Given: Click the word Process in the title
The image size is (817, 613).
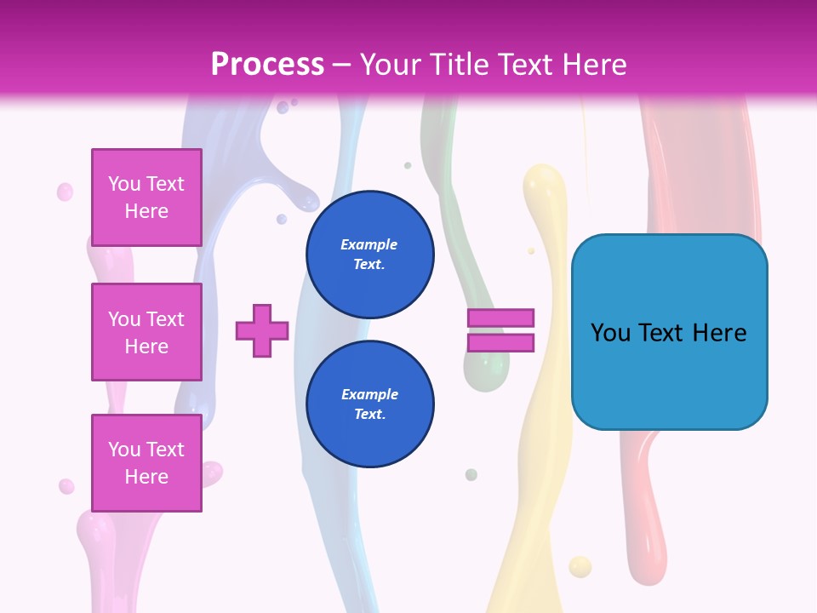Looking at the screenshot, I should [x=267, y=65].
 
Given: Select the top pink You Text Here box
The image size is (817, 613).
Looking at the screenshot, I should [x=146, y=198].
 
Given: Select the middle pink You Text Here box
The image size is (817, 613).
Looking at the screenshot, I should [x=146, y=332].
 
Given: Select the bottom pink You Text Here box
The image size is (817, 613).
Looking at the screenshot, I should [x=146, y=462].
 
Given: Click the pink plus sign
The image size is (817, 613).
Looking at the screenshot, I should [x=262, y=330].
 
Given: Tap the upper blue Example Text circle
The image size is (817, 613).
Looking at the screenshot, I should [x=370, y=255].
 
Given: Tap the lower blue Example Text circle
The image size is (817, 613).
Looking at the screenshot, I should [x=370, y=404].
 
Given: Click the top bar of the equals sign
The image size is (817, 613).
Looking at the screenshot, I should [x=501, y=318].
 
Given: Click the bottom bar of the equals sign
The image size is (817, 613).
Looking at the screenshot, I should [x=501, y=343].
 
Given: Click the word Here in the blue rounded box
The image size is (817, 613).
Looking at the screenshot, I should [x=719, y=333].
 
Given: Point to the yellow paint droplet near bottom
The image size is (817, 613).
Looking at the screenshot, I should [x=580, y=566].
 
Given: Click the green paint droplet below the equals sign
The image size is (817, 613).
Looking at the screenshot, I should [x=471, y=474].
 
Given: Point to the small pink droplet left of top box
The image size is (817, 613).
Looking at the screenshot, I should [x=65, y=192].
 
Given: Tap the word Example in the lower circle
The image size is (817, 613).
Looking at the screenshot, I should [x=369, y=394].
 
